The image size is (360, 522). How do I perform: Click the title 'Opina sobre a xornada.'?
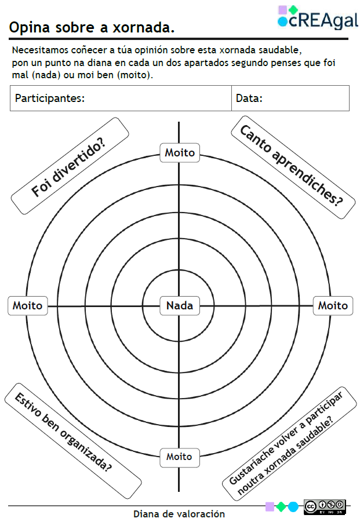92,27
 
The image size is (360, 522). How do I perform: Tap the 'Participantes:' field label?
50,98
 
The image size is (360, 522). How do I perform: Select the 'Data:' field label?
249,98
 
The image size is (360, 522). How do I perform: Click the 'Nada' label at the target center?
179,305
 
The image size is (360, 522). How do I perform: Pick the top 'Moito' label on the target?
180,153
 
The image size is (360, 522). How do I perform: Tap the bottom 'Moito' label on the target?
179,457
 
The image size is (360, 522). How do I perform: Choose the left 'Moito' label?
27,305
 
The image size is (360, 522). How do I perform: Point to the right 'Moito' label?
333,305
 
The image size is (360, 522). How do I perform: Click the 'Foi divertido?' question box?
70,166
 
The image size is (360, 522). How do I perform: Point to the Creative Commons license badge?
325,506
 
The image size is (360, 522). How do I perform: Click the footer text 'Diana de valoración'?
179,514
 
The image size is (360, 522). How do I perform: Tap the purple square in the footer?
270,506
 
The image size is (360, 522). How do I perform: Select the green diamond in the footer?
281,506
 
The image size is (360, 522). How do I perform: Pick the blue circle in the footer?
293,506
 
